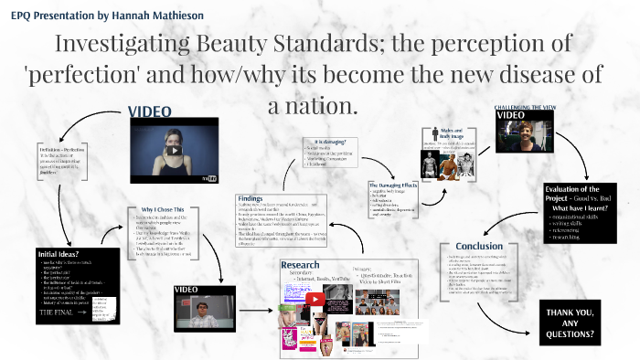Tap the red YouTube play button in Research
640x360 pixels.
[x=315, y=298]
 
